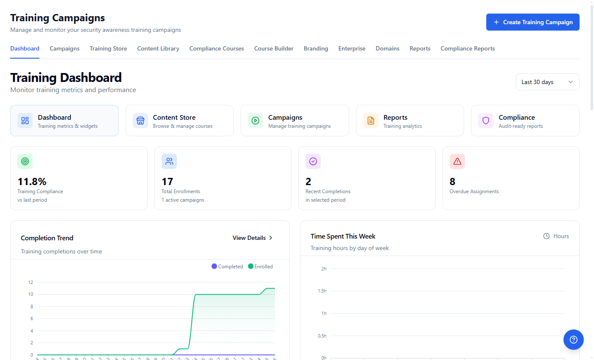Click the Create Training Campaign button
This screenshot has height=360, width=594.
pos(532,22)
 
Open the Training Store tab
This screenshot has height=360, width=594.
pos(108,48)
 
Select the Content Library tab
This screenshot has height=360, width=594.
pos(158,48)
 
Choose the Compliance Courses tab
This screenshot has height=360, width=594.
pos(216,48)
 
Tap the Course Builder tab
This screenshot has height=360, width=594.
pos(274,48)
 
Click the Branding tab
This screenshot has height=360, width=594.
pos(316,48)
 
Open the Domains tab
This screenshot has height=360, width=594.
pos(387,48)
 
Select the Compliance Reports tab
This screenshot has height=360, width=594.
pos(468,48)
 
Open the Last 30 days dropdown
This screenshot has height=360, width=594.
pos(547,82)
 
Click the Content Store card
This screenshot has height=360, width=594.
pos(179,121)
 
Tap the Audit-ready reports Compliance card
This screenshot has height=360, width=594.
pos(525,121)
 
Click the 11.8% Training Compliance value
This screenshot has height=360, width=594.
pos(32,182)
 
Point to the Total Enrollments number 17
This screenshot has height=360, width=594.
pos(167,182)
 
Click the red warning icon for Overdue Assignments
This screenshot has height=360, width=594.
pos(457,161)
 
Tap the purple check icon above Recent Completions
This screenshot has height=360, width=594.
pos(313,161)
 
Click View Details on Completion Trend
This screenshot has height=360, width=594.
pos(252,238)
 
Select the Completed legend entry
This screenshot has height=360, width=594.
pos(227,267)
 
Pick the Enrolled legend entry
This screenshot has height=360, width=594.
pos(261,267)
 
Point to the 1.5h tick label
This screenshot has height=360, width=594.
pos(321,291)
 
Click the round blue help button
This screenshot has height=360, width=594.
pos(573,340)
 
